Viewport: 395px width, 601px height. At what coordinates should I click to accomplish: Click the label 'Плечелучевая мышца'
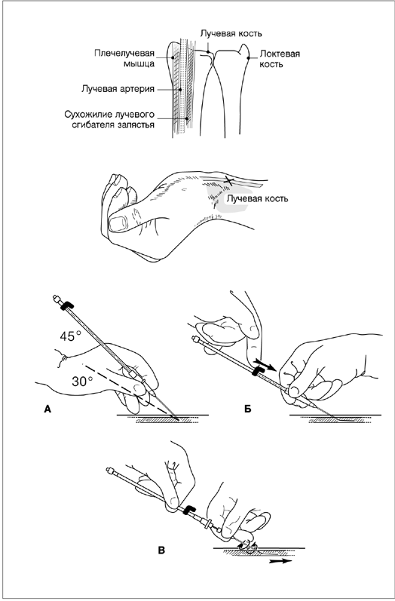pos(124,58)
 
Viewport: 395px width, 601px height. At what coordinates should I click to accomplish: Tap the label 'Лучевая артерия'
pos(118,89)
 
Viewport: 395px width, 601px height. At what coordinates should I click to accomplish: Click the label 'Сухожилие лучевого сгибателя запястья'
pos(109,120)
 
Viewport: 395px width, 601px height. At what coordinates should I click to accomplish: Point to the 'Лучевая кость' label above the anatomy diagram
pos(231,34)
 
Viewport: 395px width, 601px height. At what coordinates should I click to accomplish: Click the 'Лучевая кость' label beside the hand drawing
pos(258,198)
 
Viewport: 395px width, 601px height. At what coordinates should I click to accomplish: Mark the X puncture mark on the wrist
pos(228,179)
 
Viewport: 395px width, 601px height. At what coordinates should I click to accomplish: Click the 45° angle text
pos(71,336)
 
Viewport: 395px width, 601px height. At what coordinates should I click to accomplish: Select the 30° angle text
pos(83,382)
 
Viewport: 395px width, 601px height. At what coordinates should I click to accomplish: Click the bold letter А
pos(47,409)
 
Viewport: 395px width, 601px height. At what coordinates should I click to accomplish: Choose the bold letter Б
pos(247,409)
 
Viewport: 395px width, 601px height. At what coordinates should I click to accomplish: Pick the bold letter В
pos(161,550)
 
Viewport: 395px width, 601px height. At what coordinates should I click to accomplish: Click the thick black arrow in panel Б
pos(265,364)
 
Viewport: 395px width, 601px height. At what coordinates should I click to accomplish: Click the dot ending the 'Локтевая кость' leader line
pos(248,58)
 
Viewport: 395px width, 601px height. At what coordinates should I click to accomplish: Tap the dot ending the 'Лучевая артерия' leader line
pos(179,89)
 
